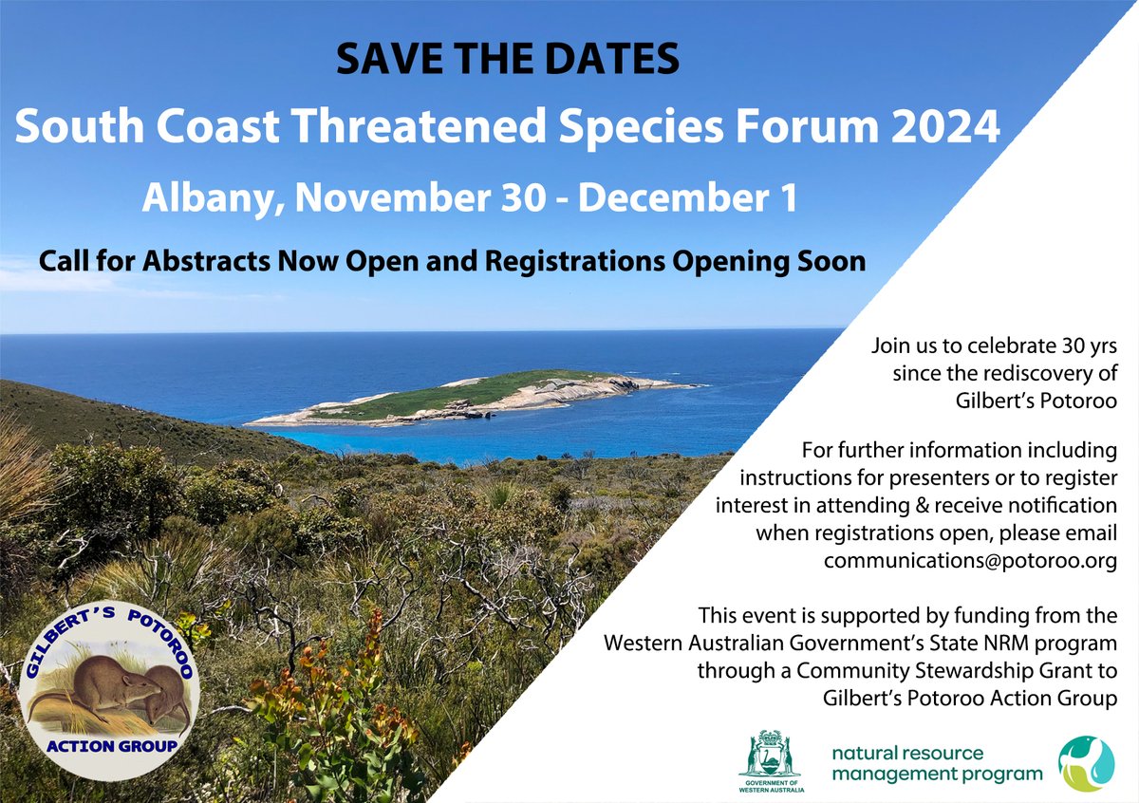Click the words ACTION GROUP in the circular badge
(x=112, y=745)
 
